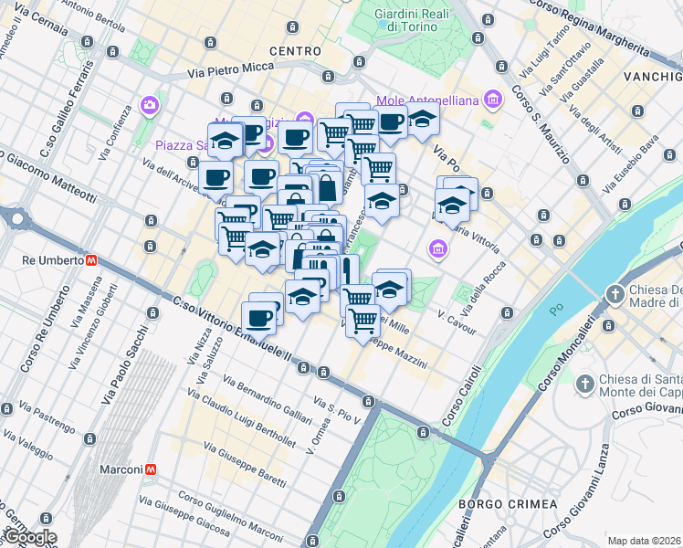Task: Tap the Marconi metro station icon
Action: click(x=151, y=469)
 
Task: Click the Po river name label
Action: click(x=557, y=311)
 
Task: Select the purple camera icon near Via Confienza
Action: click(x=149, y=107)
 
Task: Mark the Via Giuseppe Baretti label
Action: click(x=240, y=463)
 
